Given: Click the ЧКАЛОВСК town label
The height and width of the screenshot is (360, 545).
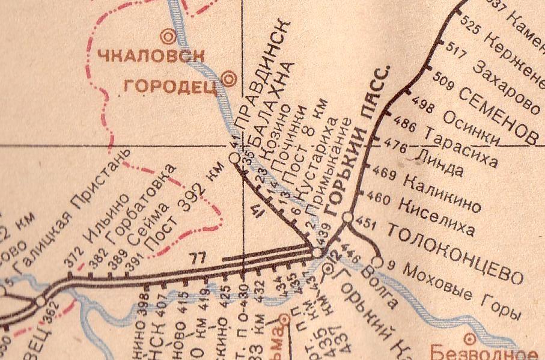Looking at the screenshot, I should click(x=151, y=58).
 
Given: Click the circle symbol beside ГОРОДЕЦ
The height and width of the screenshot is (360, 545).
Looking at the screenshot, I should click(x=228, y=78).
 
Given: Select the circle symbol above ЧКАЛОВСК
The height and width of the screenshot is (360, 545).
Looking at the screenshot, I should click(x=170, y=36).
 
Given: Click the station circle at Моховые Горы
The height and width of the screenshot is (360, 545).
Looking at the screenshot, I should click(x=377, y=262).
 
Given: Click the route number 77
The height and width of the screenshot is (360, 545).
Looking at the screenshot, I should click(x=197, y=259).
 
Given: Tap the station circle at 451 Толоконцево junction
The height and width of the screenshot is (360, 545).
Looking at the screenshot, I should click(x=347, y=217).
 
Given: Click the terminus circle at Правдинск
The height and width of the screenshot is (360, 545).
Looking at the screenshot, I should click(x=234, y=157).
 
